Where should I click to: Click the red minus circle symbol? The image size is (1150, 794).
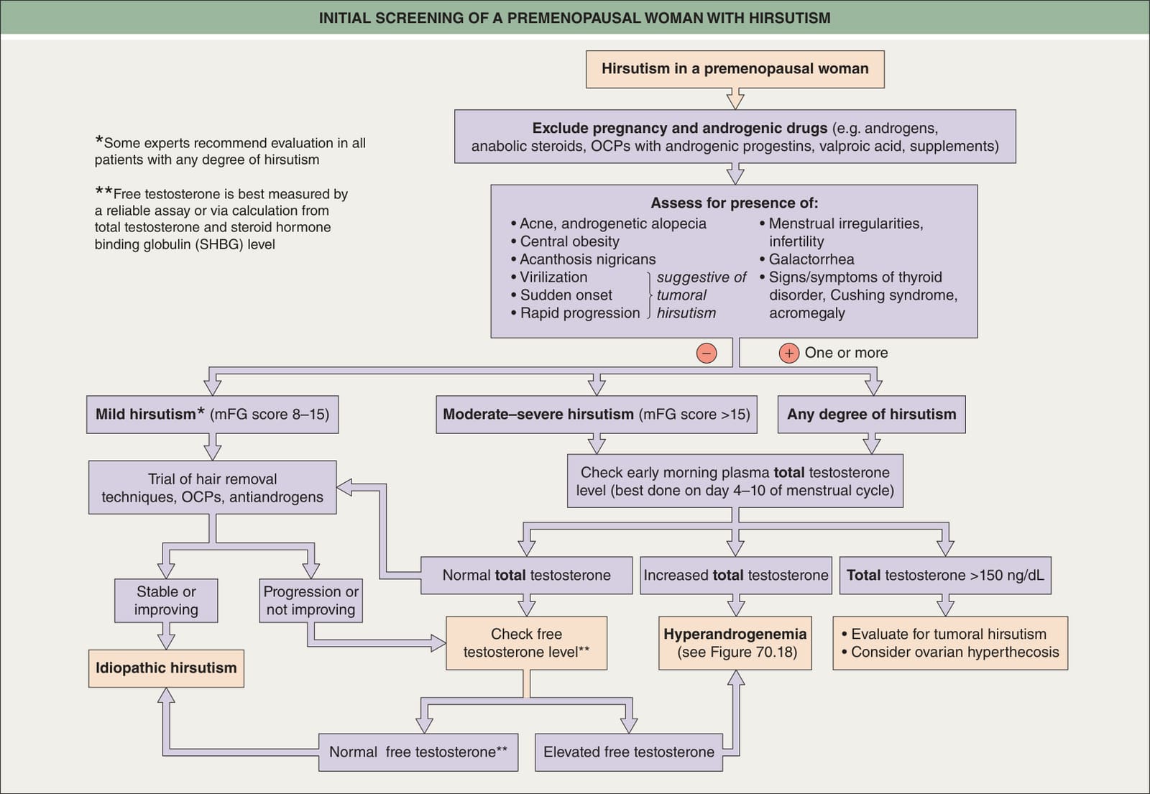[707, 353]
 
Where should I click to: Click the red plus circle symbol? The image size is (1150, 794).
[789, 353]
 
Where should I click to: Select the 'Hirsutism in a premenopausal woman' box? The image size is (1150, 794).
[735, 69]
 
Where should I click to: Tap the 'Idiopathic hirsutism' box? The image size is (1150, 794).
[166, 668]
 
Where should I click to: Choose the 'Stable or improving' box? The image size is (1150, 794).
[166, 601]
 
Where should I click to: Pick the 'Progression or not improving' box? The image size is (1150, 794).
[311, 601]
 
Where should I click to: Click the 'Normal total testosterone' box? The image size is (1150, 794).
[527, 576]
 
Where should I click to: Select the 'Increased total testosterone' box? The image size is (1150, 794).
[736, 576]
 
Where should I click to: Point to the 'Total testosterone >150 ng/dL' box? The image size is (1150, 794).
[945, 576]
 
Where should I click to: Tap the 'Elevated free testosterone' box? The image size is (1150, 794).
[629, 752]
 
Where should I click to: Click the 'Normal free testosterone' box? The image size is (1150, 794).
[418, 752]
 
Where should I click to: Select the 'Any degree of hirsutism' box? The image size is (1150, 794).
[872, 414]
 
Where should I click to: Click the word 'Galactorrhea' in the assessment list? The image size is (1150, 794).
[811, 259]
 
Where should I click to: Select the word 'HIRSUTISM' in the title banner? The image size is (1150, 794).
[790, 18]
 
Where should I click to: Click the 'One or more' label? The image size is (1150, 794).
[846, 353]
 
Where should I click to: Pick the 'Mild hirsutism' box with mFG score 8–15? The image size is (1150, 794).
[213, 414]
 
